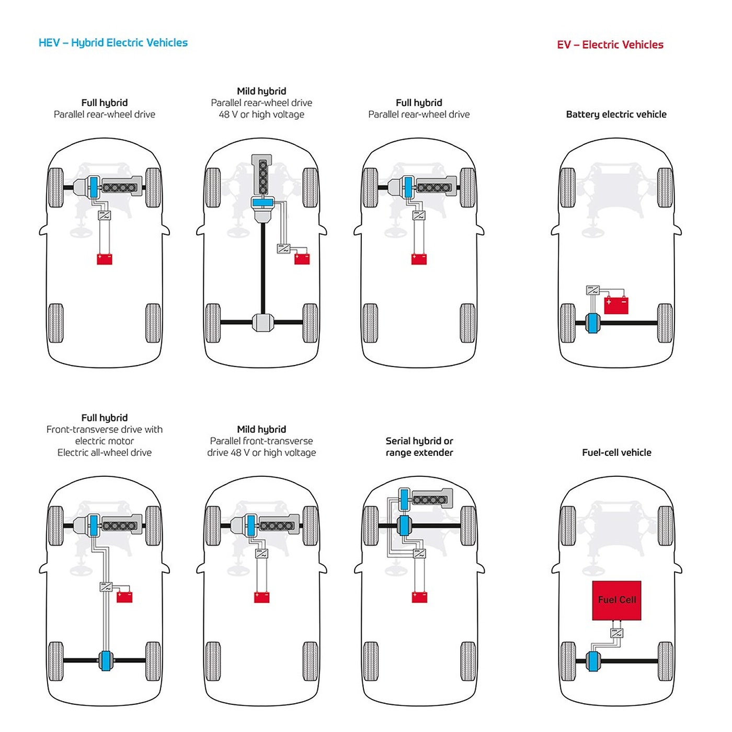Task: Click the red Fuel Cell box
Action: tap(616, 600)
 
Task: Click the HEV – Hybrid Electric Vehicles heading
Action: tap(113, 43)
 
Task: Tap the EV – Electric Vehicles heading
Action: tap(610, 45)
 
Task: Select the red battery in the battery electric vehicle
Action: tap(616, 305)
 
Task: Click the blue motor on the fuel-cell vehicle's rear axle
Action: tap(592, 661)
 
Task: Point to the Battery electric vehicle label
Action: tap(616, 115)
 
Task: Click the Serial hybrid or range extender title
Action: tap(419, 447)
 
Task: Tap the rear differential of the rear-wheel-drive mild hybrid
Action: tap(262, 323)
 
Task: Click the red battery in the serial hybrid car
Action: tap(419, 597)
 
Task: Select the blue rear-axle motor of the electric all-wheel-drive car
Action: tap(106, 661)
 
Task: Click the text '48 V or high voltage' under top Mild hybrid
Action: tap(261, 115)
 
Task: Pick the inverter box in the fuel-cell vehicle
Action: tap(617, 633)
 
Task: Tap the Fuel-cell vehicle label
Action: tap(616, 453)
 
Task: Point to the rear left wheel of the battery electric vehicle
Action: tap(567, 323)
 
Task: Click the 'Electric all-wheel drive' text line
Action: tap(105, 453)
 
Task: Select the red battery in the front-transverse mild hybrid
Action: tap(261, 597)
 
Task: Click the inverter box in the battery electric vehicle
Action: tap(592, 291)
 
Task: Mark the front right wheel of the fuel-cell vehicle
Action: tap(665, 525)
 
